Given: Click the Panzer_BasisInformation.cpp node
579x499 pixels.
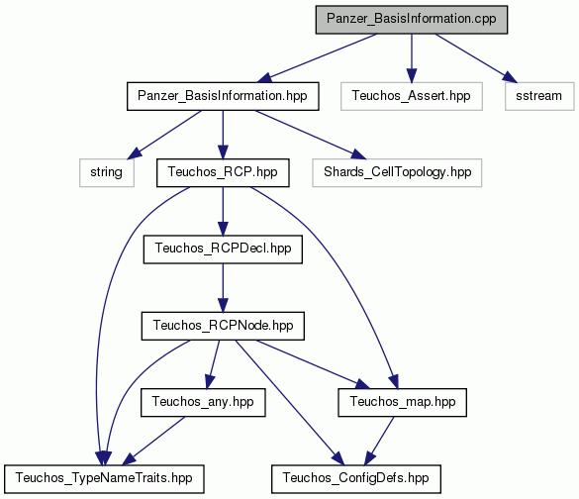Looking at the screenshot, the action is (x=412, y=20).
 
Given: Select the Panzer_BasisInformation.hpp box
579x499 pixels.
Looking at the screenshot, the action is (x=223, y=96).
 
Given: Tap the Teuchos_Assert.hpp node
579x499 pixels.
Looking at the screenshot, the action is (x=412, y=96).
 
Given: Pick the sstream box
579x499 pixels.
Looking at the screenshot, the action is (x=539, y=96).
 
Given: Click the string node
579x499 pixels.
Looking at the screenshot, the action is (x=106, y=172).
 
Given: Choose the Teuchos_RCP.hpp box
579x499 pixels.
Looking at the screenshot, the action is (x=223, y=172).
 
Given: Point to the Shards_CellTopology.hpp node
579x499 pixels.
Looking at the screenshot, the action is (x=397, y=172).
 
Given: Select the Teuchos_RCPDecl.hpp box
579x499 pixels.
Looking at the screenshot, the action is (x=223, y=249).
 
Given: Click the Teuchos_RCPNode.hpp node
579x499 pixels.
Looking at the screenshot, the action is (x=223, y=326).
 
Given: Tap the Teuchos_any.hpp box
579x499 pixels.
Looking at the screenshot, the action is (x=203, y=402).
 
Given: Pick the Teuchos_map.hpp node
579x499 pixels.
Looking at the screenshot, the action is (x=402, y=402).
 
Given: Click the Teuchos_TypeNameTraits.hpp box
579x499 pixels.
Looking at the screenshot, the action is (x=104, y=478).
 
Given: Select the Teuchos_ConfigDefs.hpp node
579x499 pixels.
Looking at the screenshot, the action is (x=356, y=478).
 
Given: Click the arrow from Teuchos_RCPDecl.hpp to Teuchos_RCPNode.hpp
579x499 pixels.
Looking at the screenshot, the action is (x=223, y=288).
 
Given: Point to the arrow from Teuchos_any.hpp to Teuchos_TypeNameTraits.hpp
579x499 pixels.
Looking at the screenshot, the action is (x=153, y=441).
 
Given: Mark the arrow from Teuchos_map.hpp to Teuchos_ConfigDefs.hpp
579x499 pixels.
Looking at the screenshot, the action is (x=379, y=441).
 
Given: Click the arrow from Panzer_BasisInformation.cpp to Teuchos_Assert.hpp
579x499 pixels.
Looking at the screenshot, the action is (x=412, y=58).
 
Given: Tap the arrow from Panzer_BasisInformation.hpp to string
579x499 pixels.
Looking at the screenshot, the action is (x=164, y=135).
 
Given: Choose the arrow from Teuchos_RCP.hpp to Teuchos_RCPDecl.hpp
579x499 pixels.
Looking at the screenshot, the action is (x=223, y=211).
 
